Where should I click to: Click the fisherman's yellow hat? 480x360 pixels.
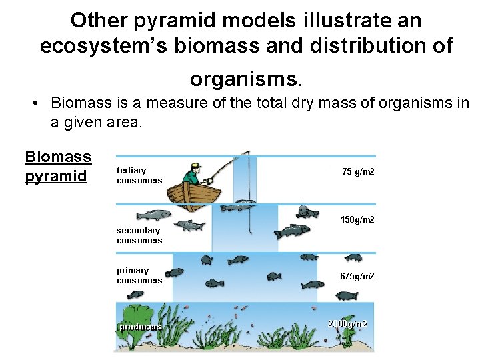click(x=195, y=165)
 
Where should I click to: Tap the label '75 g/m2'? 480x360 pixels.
click(x=358, y=172)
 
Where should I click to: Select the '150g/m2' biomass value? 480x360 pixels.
click(x=357, y=219)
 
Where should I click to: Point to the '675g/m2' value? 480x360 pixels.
click(x=357, y=277)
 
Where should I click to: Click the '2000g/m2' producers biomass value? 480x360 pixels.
click(x=347, y=324)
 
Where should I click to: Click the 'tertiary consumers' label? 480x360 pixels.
click(x=139, y=175)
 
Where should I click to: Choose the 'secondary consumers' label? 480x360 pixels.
click(x=139, y=235)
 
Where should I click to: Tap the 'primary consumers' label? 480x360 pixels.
click(x=139, y=275)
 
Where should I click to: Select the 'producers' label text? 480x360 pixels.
click(x=139, y=327)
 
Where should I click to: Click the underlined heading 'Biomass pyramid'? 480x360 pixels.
click(x=58, y=166)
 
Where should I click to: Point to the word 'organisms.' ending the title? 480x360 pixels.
click(x=246, y=79)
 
